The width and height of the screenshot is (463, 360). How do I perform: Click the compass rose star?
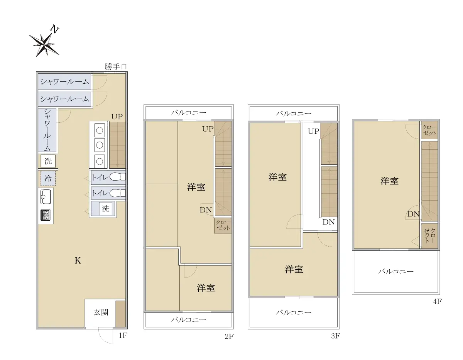pos(44,44)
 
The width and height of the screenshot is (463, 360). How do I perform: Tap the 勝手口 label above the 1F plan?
pos(116,67)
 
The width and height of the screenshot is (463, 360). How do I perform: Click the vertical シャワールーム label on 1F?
pos(47,130)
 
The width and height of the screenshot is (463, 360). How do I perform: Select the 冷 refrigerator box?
pos(48,178)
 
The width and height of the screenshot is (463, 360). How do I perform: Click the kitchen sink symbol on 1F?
pos(46,197)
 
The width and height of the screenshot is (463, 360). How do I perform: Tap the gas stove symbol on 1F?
pos(46,215)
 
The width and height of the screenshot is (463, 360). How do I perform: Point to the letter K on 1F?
pos(78,260)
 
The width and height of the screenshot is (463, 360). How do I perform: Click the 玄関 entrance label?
pos(101,312)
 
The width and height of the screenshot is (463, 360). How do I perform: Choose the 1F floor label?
pos(123,336)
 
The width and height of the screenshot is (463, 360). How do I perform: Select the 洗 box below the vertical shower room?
pos(48,161)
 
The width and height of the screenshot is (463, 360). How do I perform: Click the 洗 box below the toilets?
pos(105,208)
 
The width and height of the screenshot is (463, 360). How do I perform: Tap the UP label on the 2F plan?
pos(208,128)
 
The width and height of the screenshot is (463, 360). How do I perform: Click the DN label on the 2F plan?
pos(206,210)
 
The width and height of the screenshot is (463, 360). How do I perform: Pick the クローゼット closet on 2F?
pos(223,225)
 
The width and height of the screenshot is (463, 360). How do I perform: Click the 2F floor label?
pos(229,336)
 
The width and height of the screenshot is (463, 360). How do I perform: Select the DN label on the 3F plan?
pos(328,222)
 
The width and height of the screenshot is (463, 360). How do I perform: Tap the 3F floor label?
pos(335,336)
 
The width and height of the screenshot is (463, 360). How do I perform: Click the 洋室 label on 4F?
pos(389,181)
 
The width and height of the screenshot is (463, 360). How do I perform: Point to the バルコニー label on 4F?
pos(395,271)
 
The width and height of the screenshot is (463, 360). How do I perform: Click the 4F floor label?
pos(437,301)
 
